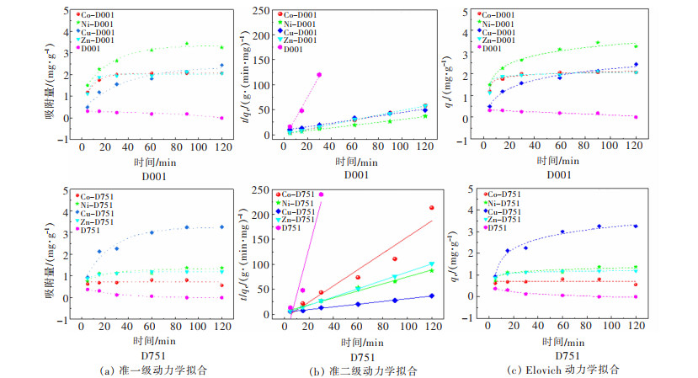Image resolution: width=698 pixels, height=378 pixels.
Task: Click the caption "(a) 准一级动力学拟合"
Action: point(141,369)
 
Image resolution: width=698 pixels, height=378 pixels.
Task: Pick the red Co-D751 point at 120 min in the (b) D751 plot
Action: point(431,208)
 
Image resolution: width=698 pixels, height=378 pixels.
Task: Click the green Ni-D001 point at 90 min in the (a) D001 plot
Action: point(187,44)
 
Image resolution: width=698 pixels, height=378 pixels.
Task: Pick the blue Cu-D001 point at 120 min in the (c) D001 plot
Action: point(636,64)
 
